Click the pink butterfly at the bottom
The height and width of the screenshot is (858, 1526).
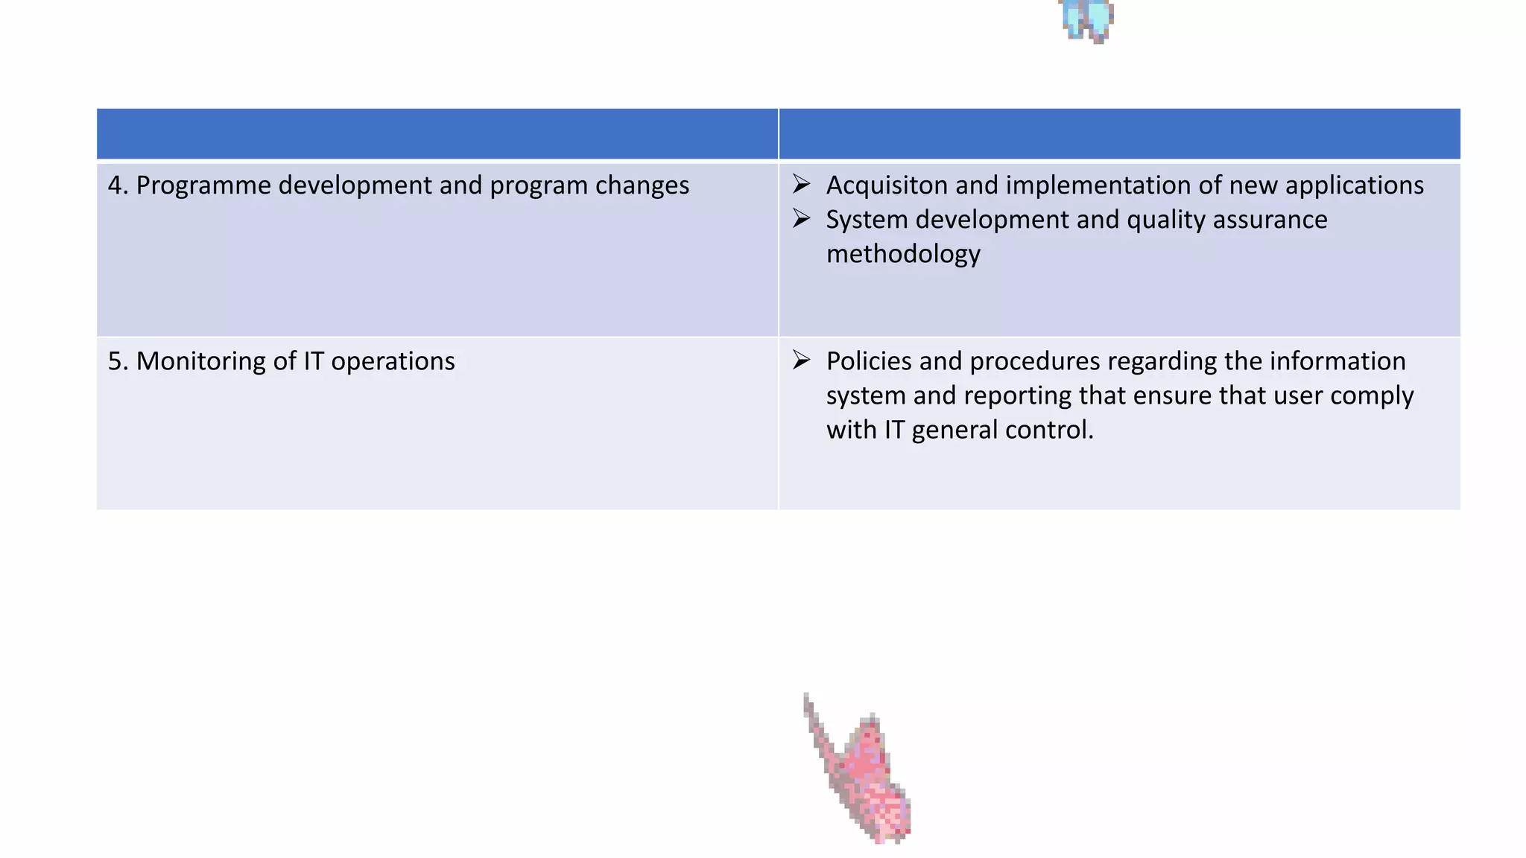[864, 775]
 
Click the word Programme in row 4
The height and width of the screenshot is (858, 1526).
[203, 185]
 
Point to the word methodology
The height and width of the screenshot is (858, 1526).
[903, 254]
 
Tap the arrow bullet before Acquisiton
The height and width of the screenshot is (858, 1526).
[801, 183]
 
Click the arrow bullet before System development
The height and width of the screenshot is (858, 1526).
[801, 218]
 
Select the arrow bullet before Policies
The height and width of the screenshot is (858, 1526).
[801, 360]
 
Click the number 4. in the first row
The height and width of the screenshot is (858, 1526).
[118, 185]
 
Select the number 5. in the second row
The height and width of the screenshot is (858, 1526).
[118, 361]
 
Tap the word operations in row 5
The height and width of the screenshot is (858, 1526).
[393, 361]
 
